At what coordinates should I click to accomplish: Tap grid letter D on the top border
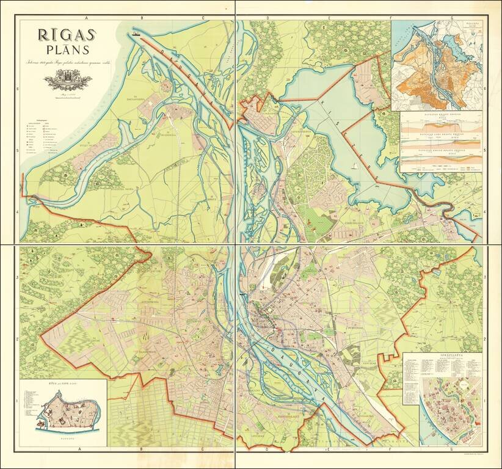pos(267,19)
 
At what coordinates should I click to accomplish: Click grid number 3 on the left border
pos(18,278)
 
